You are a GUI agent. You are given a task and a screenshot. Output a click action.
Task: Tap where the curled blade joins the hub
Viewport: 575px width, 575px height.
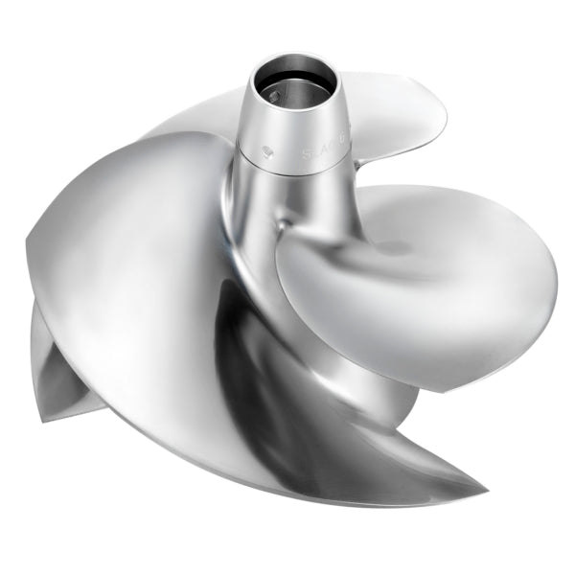(287, 225)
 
